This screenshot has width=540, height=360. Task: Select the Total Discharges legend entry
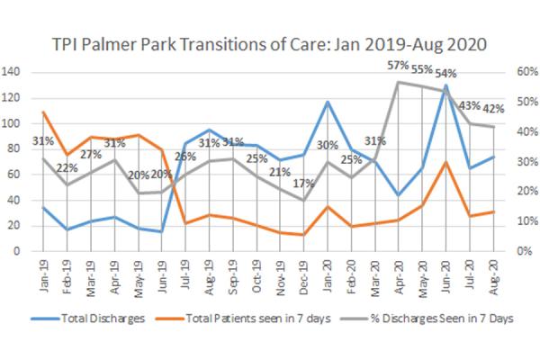tap(99, 319)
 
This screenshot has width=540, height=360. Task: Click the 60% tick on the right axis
tap(525, 72)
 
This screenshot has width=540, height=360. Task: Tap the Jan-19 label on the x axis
tap(44, 270)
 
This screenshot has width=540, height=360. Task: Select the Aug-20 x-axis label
tap(492, 270)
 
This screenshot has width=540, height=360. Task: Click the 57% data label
tap(398, 66)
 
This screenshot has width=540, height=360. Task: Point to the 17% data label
tap(303, 184)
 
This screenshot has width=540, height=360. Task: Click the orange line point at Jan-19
tap(43, 112)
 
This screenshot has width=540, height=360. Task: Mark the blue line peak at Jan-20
tap(328, 102)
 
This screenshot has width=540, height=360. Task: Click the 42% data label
tap(492, 108)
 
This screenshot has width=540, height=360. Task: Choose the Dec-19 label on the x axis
tap(303, 270)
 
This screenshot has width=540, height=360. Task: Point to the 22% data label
tap(67, 168)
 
